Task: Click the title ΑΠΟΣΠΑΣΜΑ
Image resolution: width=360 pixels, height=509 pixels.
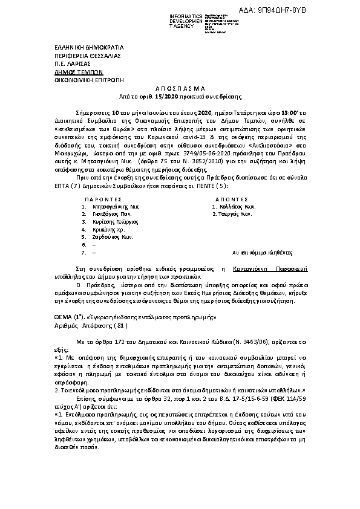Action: click(x=180, y=88)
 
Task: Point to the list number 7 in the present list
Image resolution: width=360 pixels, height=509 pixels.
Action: click(x=83, y=253)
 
